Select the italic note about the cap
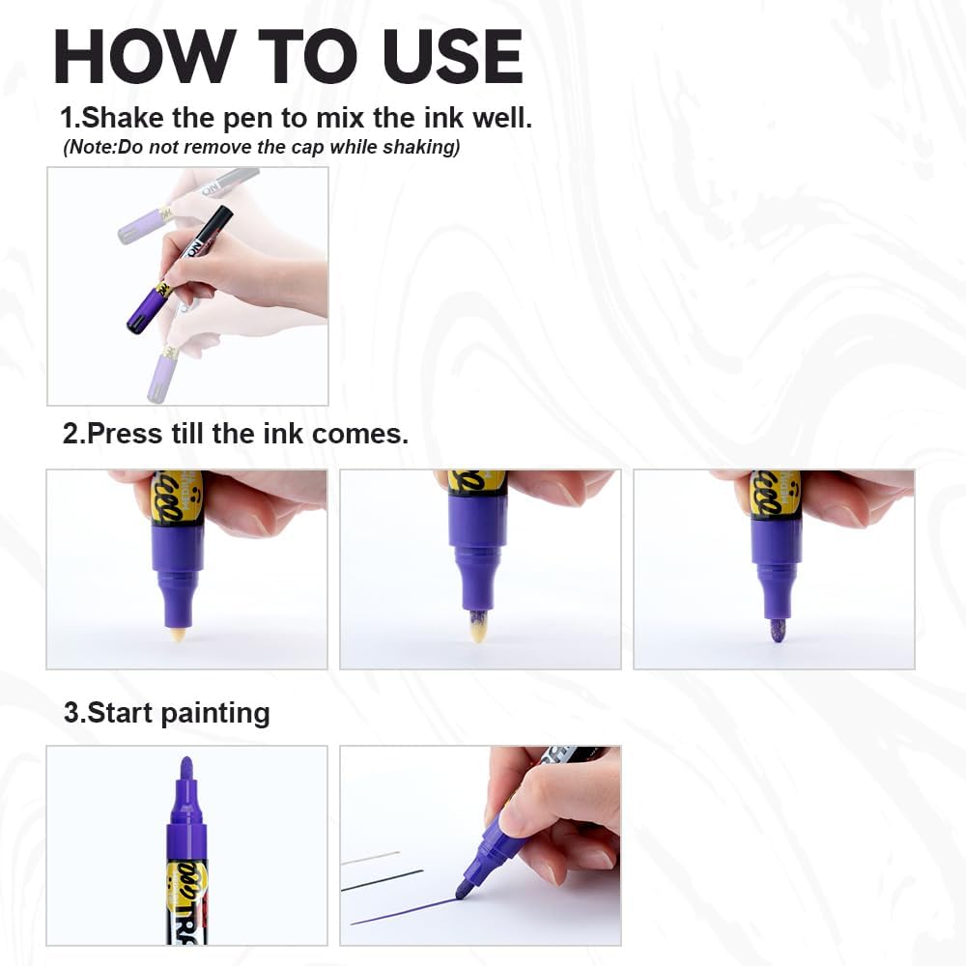pyautogui.click(x=261, y=148)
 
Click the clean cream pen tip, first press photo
pyautogui.click(x=177, y=634)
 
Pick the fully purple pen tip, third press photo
pyautogui.click(x=777, y=630)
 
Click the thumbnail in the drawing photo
pyautogui.click(x=516, y=820)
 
